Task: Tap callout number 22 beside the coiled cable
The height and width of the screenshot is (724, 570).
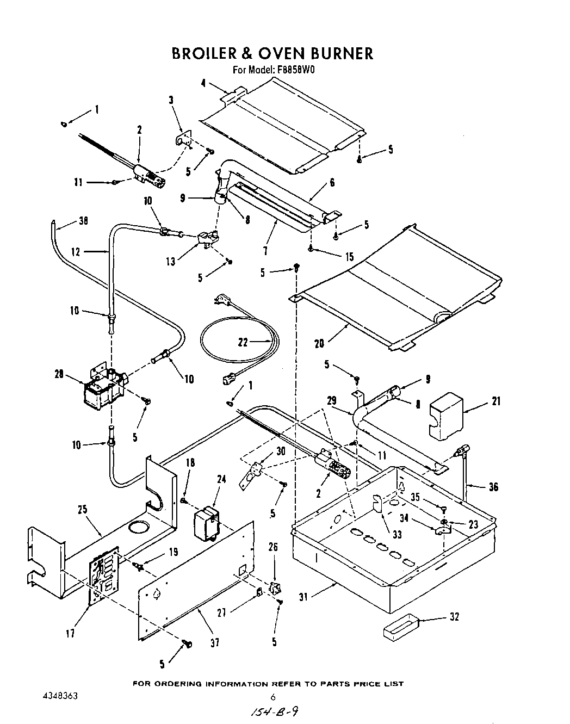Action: [243, 342]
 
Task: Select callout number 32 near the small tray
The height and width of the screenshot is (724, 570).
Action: [454, 617]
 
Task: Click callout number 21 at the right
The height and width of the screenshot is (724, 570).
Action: [495, 401]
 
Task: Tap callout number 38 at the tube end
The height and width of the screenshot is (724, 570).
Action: [83, 221]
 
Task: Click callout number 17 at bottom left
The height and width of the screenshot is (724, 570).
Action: [70, 634]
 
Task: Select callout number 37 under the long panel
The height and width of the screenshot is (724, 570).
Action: [215, 642]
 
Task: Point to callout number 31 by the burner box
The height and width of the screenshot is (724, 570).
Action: [303, 597]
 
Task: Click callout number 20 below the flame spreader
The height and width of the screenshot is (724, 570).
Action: [319, 343]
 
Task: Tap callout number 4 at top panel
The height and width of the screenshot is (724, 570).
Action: [203, 83]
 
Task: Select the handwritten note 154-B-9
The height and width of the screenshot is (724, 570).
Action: [273, 712]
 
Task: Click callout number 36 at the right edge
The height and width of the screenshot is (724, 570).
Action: [493, 487]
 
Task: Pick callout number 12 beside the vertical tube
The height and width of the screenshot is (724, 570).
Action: [76, 251]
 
